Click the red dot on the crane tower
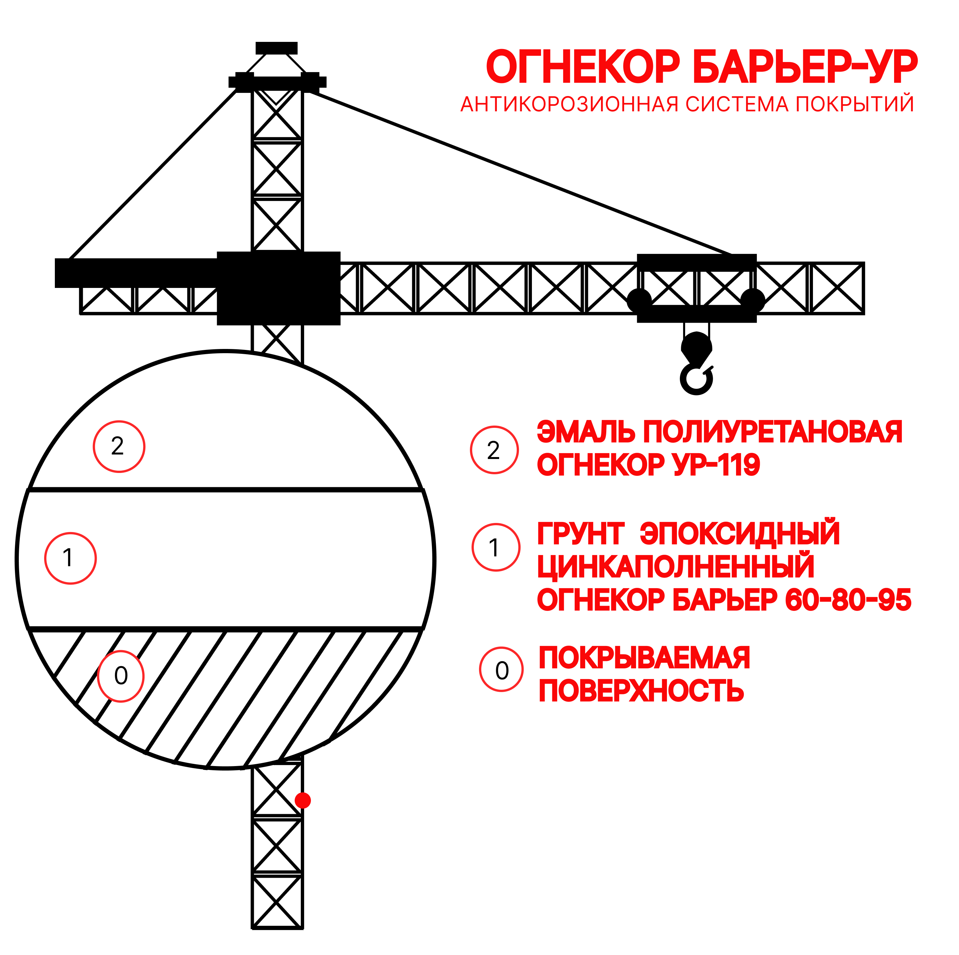click(x=303, y=800)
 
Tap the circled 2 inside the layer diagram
click(x=119, y=447)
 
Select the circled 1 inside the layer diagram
click(x=70, y=558)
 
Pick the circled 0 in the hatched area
click(x=121, y=676)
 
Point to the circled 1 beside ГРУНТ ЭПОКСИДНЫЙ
click(x=496, y=548)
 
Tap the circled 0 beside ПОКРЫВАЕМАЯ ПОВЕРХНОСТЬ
click(x=501, y=670)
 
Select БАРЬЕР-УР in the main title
click(x=805, y=67)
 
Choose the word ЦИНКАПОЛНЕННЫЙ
click(x=676, y=566)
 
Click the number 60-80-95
click(x=848, y=600)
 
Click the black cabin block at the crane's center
click(x=278, y=288)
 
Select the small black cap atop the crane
click(x=277, y=48)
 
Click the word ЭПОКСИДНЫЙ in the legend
click(x=740, y=534)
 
